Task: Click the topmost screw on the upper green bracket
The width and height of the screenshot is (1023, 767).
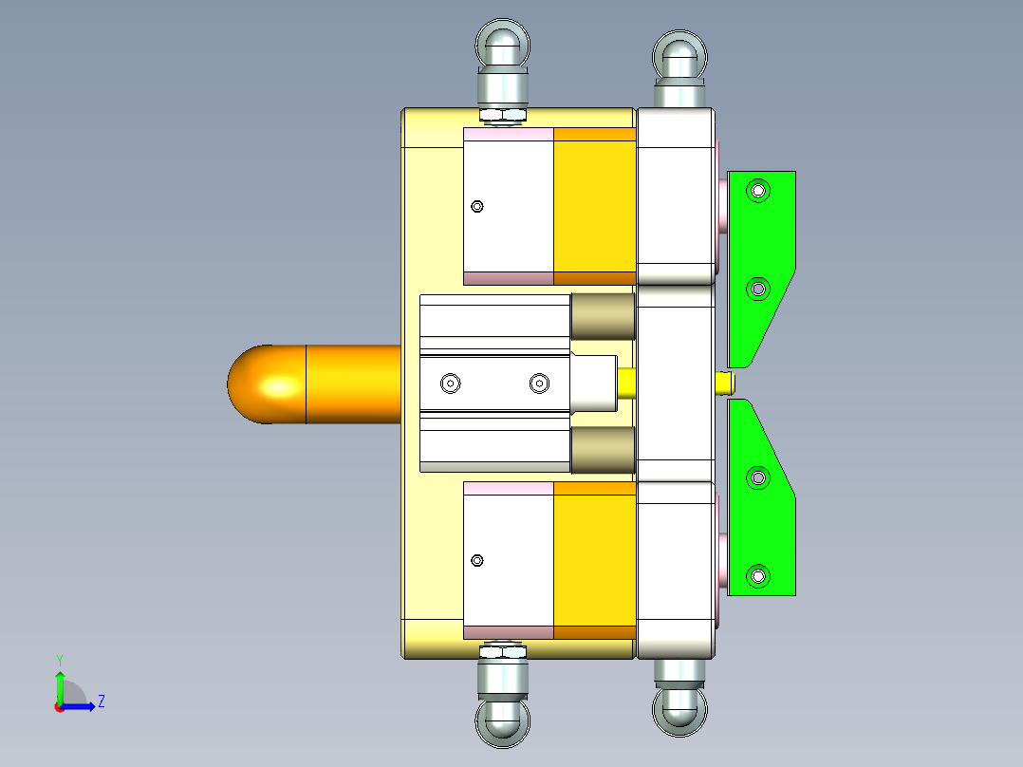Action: [x=757, y=191]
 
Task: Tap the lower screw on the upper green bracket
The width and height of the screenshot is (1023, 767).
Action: [x=757, y=288]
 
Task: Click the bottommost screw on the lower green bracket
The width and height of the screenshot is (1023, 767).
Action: [x=757, y=575]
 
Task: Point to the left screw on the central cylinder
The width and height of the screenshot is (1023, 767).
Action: [x=450, y=383]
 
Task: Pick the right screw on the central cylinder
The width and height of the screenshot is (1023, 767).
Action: [x=539, y=383]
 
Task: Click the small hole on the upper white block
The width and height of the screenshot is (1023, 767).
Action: [x=477, y=206]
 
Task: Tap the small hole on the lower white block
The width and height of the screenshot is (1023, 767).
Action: [x=477, y=561]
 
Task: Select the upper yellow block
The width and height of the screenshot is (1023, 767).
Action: [x=594, y=206]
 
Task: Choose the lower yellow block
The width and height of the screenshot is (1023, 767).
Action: [x=594, y=560]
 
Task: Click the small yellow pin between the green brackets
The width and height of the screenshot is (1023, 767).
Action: [x=725, y=383]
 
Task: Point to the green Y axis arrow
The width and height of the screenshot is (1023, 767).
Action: [x=60, y=682]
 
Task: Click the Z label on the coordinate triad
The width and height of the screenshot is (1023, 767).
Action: [x=101, y=702]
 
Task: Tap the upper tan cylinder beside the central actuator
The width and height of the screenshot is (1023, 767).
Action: [x=603, y=316]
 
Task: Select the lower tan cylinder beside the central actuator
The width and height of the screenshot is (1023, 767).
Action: [x=603, y=449]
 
